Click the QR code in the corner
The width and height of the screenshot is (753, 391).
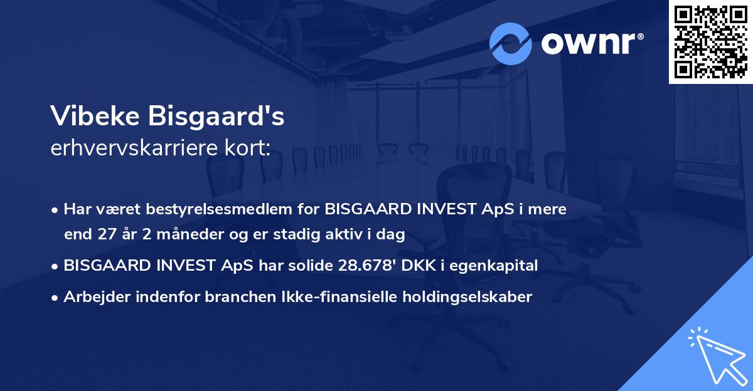point(710,42)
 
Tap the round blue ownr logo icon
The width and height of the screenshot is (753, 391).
point(511,43)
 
